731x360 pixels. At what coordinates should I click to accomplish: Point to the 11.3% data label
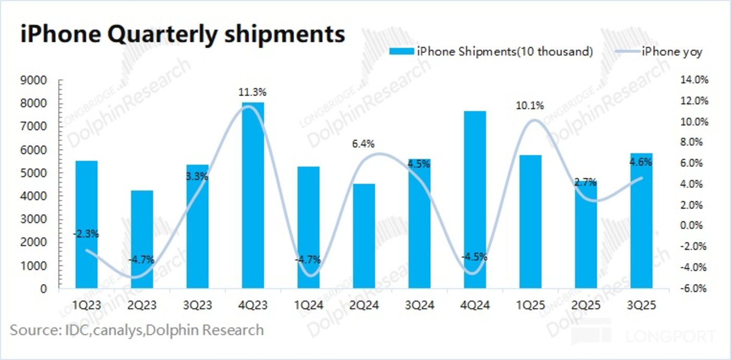253,92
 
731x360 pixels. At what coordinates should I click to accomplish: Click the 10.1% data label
530,106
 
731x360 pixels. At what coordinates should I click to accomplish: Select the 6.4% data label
363,144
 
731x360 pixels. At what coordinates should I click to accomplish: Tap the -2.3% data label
86,234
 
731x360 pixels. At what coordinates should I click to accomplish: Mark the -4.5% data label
475,257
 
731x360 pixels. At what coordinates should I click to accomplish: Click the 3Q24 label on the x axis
419,305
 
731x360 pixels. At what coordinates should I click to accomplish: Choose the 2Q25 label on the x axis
585,305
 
